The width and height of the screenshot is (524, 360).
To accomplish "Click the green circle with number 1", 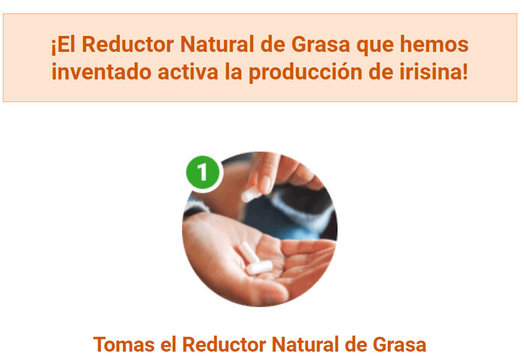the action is click(204, 172).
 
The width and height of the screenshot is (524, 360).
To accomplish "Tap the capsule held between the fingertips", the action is click(251, 195).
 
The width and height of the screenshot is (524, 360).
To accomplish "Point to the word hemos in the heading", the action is click(434, 44).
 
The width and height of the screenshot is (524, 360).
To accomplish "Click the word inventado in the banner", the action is click(101, 72).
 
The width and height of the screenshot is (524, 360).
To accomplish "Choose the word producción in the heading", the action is click(305, 73).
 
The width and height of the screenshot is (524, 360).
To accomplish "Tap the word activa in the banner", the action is click(188, 72).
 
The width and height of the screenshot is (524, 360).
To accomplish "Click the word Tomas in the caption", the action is click(124, 344).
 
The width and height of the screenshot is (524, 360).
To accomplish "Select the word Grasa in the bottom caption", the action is click(399, 344).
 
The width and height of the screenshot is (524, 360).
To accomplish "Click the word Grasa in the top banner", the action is click(321, 44).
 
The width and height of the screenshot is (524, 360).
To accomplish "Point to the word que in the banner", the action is click(375, 46).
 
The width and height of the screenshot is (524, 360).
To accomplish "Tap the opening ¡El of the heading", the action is click(63, 45).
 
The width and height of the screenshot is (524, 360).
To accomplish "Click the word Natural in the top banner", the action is click(217, 44).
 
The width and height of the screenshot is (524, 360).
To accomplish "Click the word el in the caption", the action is click(168, 344).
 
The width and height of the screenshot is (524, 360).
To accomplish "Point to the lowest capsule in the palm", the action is click(259, 267).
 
